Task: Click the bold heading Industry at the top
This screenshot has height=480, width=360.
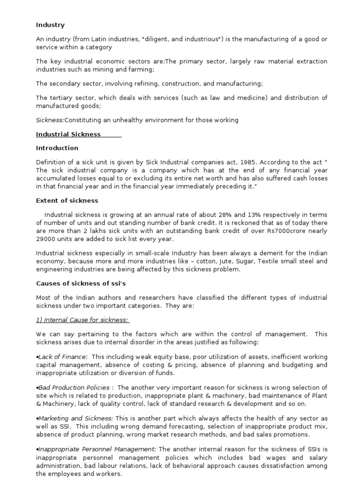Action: pos(50,25)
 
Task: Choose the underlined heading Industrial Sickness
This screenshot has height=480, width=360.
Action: pos(68,135)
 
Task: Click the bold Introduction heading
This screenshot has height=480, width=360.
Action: pos(57,148)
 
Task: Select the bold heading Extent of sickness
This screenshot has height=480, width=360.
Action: pos(67,201)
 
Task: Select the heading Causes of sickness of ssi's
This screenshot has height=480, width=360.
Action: pos(73,284)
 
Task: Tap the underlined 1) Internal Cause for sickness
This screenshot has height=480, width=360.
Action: pos(83,320)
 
